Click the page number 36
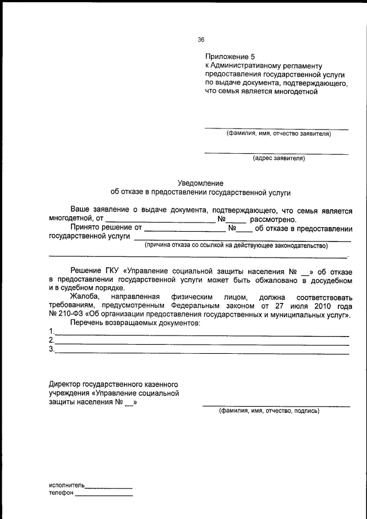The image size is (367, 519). pyautogui.click(x=201, y=40)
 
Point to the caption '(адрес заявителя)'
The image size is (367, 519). pyautogui.click(x=279, y=158)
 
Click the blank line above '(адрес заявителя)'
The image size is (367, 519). pyautogui.click(x=276, y=153)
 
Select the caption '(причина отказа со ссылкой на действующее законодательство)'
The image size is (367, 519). pyautogui.click(x=236, y=245)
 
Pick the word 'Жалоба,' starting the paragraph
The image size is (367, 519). pyautogui.click(x=85, y=298)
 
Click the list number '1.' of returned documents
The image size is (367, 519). pyautogui.click(x=52, y=332)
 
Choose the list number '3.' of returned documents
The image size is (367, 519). pyautogui.click(x=52, y=349)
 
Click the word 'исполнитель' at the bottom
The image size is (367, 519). pyautogui.click(x=67, y=485)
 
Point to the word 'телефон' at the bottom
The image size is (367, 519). pyautogui.click(x=61, y=494)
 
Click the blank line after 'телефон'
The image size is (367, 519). pyautogui.click(x=103, y=495)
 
